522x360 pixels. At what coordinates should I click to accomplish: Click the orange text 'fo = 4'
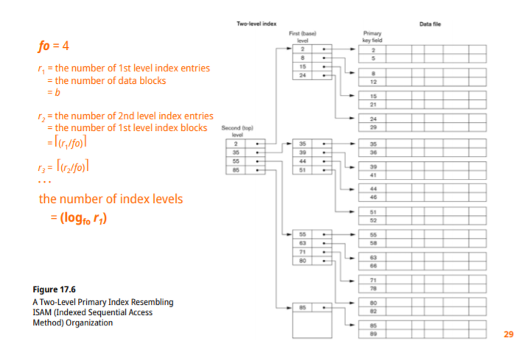point(54,46)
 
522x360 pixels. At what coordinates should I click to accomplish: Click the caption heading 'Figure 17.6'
point(55,289)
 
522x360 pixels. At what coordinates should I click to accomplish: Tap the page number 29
point(508,335)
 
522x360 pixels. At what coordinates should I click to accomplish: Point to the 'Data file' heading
point(431,25)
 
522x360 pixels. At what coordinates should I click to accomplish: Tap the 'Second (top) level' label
point(237,132)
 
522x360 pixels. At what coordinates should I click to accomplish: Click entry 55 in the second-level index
point(236,160)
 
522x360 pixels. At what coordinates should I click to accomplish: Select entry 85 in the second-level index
point(236,170)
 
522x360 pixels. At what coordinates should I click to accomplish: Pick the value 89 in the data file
point(373,333)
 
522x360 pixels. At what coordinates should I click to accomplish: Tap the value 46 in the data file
point(373,197)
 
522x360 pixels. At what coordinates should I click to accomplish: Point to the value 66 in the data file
point(373,265)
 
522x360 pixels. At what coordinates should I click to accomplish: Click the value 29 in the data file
point(373,128)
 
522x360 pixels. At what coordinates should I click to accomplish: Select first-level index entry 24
point(303,76)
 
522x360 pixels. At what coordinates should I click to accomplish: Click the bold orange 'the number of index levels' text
point(110,200)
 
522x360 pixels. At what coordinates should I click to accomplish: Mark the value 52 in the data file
point(373,220)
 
